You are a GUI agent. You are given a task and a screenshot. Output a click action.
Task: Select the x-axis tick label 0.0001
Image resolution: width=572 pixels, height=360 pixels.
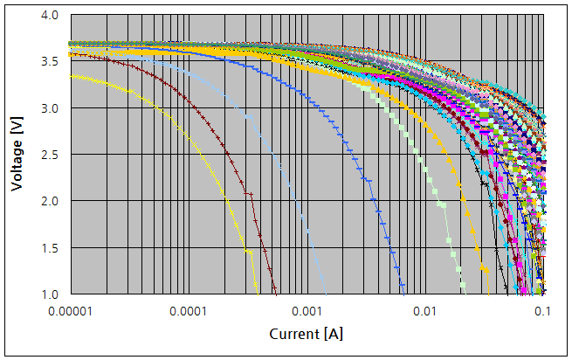point(188,311)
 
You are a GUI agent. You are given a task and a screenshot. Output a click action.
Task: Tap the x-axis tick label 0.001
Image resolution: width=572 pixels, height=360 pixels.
point(307,311)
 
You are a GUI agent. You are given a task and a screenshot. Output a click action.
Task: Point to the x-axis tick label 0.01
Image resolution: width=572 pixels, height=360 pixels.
point(425,311)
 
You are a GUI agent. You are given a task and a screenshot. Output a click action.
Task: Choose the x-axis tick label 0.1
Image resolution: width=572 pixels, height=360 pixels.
point(542,311)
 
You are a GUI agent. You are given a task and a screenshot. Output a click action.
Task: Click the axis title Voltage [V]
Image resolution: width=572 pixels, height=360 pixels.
point(17,155)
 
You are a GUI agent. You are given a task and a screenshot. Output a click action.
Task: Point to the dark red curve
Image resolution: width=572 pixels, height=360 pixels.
point(229,157)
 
